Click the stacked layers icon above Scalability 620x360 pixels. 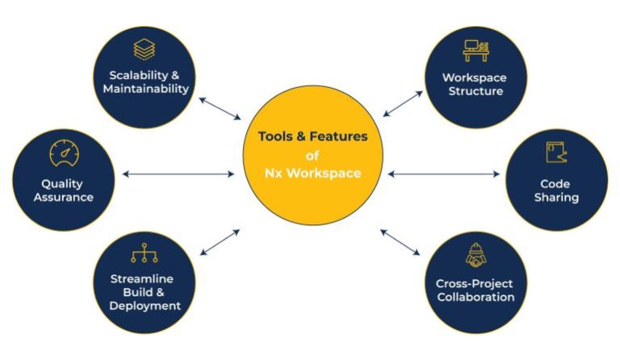pyautogui.click(x=145, y=49)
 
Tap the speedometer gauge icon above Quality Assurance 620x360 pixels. pyautogui.click(x=64, y=153)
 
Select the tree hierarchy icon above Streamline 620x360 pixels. pyautogui.click(x=145, y=253)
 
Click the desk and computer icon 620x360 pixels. pyautogui.click(x=475, y=51)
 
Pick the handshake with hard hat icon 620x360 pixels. pyautogui.click(x=475, y=255)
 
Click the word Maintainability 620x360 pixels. pyautogui.click(x=146, y=89)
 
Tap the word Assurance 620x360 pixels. pyautogui.click(x=64, y=197)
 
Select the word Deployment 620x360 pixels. pyautogui.click(x=145, y=306)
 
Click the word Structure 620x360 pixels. pyautogui.click(x=475, y=91)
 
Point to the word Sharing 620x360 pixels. pyautogui.click(x=556, y=198)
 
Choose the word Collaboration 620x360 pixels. pyautogui.click(x=475, y=297)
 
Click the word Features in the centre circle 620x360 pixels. pyautogui.click(x=338, y=136)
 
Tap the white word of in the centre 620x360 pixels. pyautogui.click(x=312, y=156)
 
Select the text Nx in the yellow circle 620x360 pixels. pyautogui.click(x=273, y=173)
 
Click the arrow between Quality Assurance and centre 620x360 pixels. pyautogui.click(x=178, y=174)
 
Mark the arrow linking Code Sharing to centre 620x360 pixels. pyautogui.click(x=444, y=174)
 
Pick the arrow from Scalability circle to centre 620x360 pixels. pyautogui.click(x=220, y=108)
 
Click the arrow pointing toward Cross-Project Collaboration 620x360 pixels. pyautogui.click(x=400, y=242)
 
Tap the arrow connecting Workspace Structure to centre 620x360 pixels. pyautogui.click(x=403, y=104)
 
